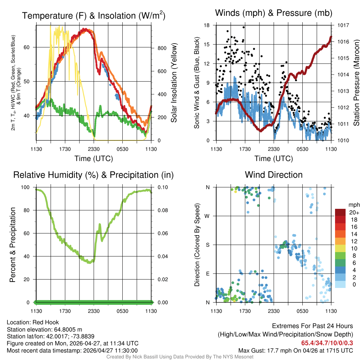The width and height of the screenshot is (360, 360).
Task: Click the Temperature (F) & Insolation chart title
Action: pos(94,15)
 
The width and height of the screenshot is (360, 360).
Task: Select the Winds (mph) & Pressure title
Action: pos(274,13)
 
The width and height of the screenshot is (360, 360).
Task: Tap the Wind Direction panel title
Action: pos(274,175)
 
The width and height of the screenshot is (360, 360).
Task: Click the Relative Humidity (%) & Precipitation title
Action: pos(94,175)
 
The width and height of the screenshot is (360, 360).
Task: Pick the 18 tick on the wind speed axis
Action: pos(207,25)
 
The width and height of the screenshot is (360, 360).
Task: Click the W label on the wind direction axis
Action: pos(208,216)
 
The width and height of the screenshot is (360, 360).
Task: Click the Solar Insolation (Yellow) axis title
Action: pos(174,83)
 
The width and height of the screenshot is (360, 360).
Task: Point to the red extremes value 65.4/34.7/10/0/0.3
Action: pos(327,343)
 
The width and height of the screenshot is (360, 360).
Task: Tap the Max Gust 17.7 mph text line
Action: pos(296,351)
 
